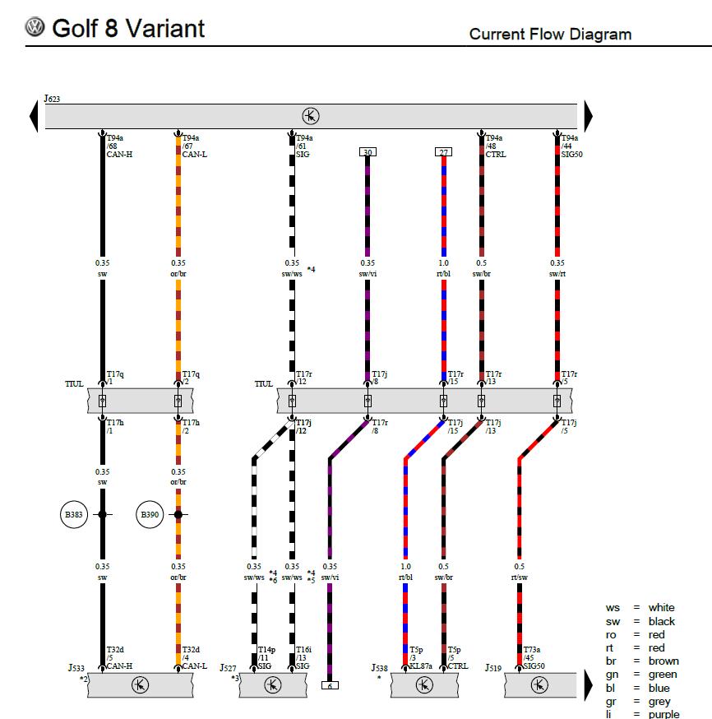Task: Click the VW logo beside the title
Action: (x=35, y=26)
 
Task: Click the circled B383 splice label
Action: (x=74, y=514)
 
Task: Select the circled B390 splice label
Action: (x=150, y=514)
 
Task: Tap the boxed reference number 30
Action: (x=368, y=151)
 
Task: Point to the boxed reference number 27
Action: (x=443, y=151)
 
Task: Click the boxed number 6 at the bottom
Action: (x=330, y=685)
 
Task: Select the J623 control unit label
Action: (x=52, y=99)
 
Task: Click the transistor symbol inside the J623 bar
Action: (x=311, y=116)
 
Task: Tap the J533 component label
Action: (x=76, y=668)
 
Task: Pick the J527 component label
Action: (x=228, y=668)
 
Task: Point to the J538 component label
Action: (x=379, y=668)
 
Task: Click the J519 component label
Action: (x=493, y=668)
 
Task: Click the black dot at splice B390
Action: (x=178, y=514)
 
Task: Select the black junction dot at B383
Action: (x=102, y=514)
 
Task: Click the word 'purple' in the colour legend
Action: (x=663, y=714)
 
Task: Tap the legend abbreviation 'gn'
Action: (x=612, y=675)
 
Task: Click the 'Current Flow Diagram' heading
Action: (x=550, y=34)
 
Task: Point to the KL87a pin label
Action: (x=421, y=666)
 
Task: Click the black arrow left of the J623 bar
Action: (x=34, y=116)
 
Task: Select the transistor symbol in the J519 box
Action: (x=539, y=685)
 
